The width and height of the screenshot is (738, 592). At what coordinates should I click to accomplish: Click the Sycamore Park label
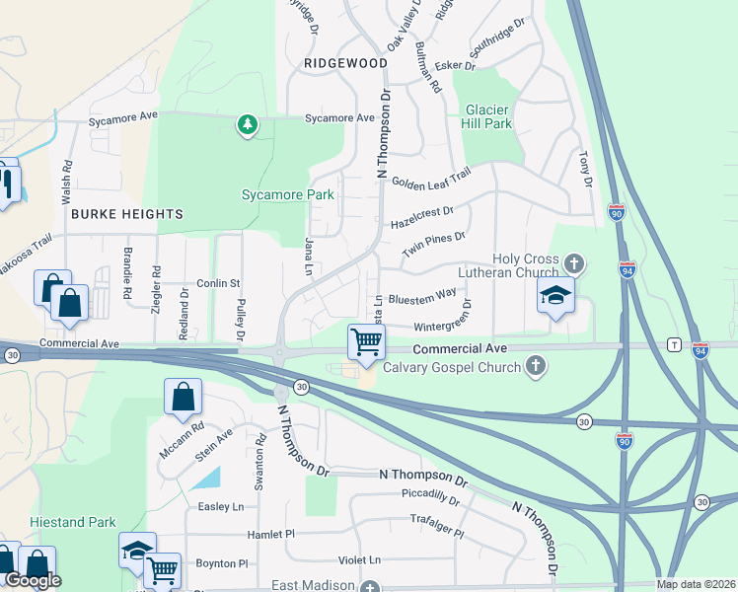tap(288, 195)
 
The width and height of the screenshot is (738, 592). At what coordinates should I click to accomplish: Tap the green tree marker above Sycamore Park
tap(247, 125)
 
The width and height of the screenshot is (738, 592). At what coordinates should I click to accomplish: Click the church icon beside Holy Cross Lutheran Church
tap(573, 263)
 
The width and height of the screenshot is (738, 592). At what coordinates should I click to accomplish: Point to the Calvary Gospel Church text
tap(450, 368)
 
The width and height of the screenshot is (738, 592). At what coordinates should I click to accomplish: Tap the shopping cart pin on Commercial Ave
tap(366, 342)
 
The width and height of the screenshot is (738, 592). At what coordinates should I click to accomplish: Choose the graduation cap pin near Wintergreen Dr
tap(556, 294)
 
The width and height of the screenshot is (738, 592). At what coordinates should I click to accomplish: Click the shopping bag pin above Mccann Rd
tap(184, 398)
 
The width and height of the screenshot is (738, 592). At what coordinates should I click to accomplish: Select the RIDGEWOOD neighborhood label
tap(345, 63)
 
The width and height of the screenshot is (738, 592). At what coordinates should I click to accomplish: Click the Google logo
tap(33, 580)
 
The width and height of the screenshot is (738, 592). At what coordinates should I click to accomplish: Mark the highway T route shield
tap(674, 344)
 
